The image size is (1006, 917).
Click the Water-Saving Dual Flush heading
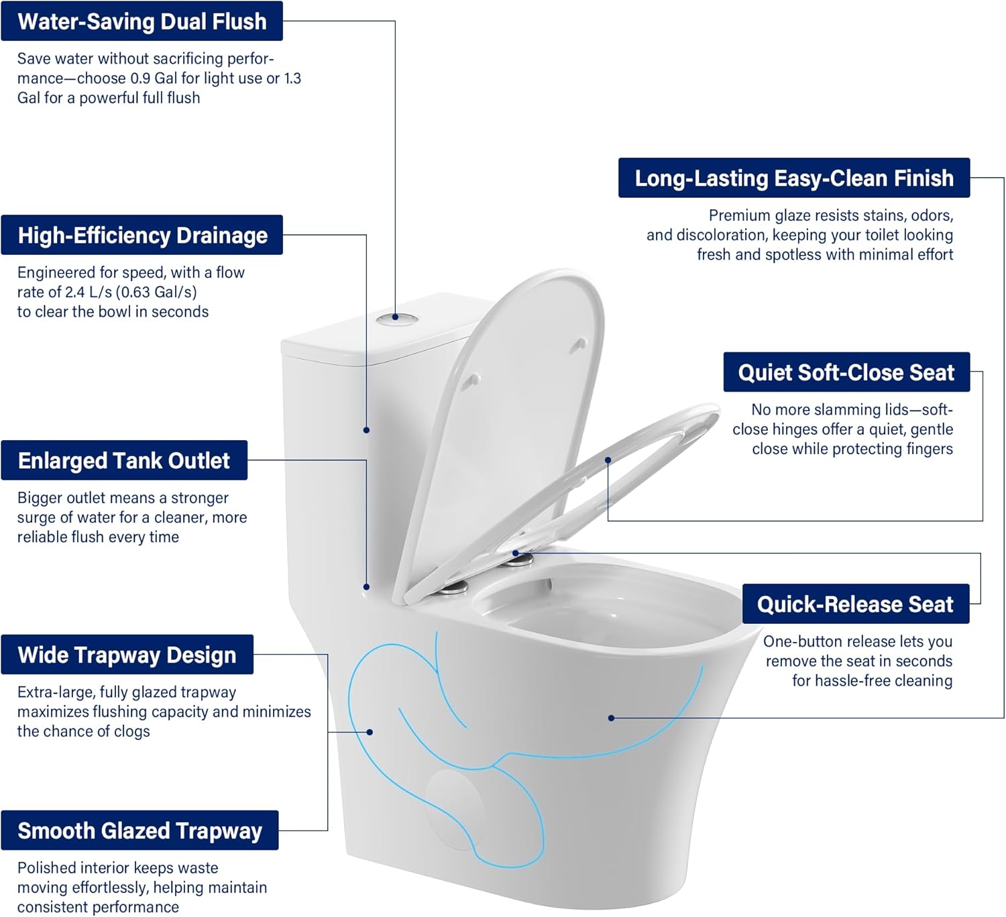142,21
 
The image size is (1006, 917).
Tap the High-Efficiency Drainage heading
142,235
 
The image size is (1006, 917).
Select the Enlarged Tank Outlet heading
123,461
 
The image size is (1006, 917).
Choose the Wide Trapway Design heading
127,655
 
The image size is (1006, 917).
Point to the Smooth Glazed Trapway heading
139,830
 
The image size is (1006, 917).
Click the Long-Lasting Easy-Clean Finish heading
794,178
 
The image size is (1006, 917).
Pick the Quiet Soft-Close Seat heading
846,372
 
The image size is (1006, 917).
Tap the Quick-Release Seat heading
855,604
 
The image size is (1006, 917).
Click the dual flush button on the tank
396,319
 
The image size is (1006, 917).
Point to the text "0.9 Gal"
154,78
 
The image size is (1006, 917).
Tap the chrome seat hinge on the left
454,588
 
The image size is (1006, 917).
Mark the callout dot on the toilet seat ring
608,460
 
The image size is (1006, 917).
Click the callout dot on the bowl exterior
611,718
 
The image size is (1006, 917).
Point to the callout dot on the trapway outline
370,732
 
